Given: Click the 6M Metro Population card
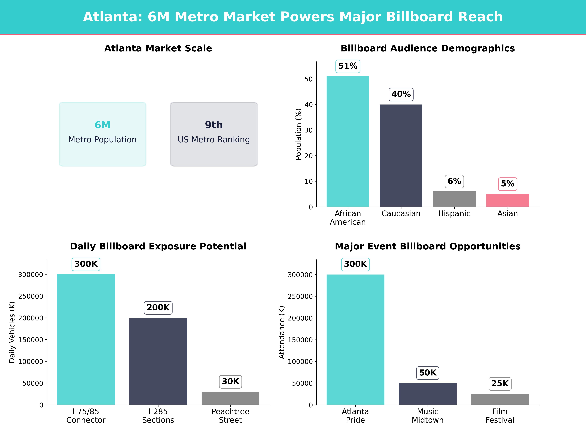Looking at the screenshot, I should [x=103, y=134].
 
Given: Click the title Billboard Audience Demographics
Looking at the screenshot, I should [x=428, y=49].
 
